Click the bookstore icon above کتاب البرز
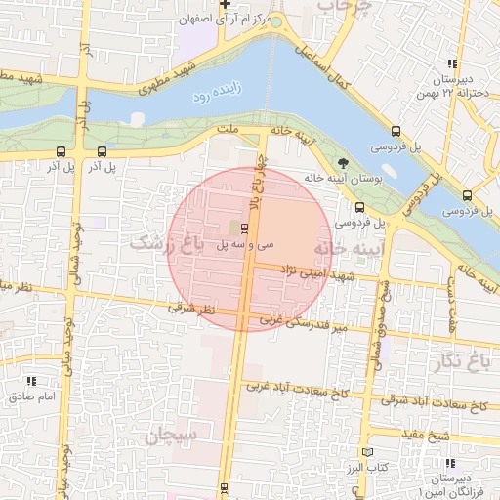pos(367,452)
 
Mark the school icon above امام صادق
pos(32,381)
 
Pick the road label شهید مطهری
pos(174,72)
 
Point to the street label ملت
pos(229,128)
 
